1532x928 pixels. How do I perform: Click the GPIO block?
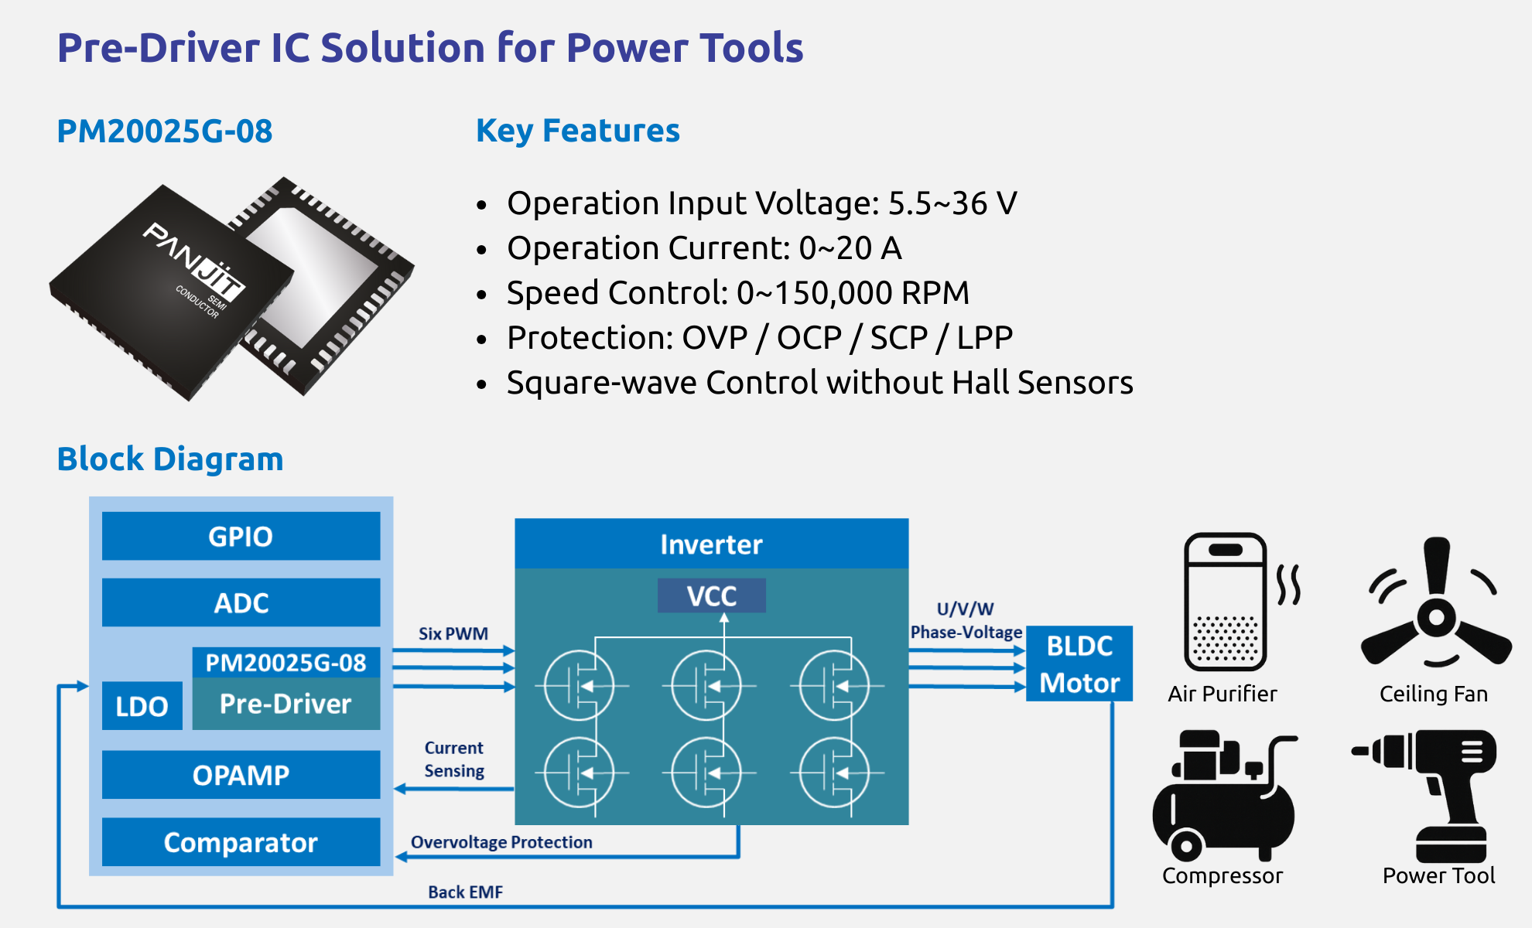241,536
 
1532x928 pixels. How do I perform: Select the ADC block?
241,602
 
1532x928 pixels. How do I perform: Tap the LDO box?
142,706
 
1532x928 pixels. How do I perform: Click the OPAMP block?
241,775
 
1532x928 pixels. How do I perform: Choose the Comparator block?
241,842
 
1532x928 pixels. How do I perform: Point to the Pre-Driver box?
286,704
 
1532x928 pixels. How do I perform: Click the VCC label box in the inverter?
711,596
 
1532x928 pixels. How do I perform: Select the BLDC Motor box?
1079,664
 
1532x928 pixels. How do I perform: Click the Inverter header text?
711,544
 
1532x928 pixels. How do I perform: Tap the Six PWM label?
453,633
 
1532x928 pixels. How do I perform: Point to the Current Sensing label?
454,759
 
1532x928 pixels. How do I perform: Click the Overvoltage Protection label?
501,842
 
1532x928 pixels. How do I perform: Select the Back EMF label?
465,892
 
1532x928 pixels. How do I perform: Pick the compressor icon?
1223,797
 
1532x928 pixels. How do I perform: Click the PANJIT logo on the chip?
194,263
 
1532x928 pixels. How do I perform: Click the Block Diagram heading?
170,459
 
